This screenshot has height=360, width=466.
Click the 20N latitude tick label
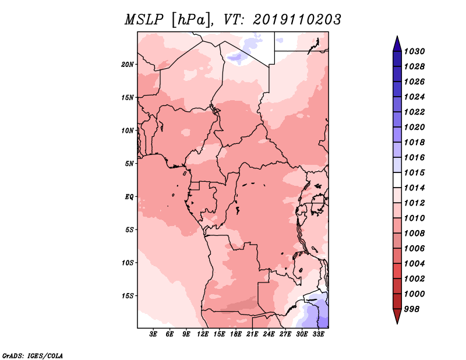(128, 65)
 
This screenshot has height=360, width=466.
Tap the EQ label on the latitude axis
(129, 197)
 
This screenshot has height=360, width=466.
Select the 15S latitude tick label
(128, 296)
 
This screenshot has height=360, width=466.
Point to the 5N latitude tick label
(129, 164)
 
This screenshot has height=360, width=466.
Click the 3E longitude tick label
(153, 334)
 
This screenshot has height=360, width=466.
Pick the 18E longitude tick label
(236, 334)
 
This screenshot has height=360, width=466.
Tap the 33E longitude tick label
(318, 334)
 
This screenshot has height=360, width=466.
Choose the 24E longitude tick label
(269, 334)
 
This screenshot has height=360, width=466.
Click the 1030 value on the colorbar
(414, 51)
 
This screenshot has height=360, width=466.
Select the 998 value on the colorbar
(412, 309)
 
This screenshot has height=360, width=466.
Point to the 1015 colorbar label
(414, 172)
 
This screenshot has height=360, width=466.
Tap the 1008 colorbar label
(414, 234)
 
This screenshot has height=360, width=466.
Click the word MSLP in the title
(144, 20)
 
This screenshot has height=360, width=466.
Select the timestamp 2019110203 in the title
(297, 20)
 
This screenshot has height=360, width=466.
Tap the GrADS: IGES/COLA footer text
(33, 355)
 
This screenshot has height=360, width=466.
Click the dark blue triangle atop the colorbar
(397, 44)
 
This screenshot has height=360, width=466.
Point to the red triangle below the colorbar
(397, 316)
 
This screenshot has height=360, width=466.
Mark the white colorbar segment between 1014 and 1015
(397, 180)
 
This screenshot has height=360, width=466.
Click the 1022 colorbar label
(414, 112)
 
